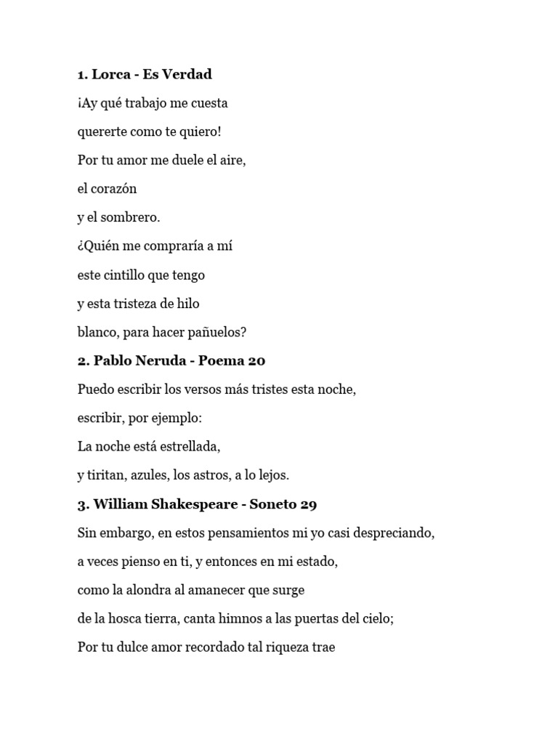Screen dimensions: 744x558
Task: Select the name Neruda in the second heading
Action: (x=153, y=361)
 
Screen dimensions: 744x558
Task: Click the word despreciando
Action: (x=397, y=533)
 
